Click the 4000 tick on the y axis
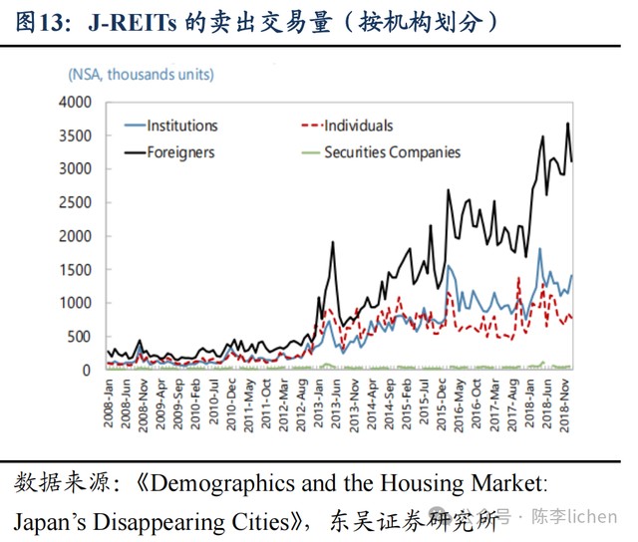75,103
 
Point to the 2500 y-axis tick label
75,202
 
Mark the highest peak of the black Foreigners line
567,124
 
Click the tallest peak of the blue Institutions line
539,249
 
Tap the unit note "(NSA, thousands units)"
141,74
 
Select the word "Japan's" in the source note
47,519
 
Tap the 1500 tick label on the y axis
75,269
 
